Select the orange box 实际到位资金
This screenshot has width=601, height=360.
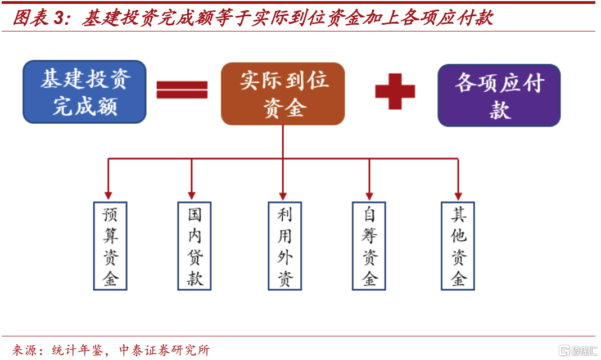pyautogui.click(x=283, y=93)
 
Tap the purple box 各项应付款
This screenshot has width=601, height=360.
pyautogui.click(x=499, y=95)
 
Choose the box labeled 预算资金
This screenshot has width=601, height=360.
pyautogui.click(x=110, y=246)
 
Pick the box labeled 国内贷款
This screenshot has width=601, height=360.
pyautogui.click(x=195, y=246)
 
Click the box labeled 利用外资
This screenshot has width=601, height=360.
pyautogui.click(x=284, y=246)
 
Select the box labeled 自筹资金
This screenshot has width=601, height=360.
pyautogui.click(x=369, y=246)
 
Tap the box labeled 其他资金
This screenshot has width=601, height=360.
pyautogui.click(x=458, y=246)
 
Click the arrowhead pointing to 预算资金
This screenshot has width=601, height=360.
pyautogui.click(x=109, y=195)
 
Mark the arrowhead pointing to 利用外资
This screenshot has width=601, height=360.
pyautogui.click(x=283, y=195)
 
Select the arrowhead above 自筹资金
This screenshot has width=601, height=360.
pyautogui.click(x=369, y=195)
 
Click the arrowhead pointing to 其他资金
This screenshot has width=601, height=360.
pyautogui.click(x=458, y=195)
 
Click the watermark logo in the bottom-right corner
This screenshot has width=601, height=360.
pyautogui.click(x=576, y=350)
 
